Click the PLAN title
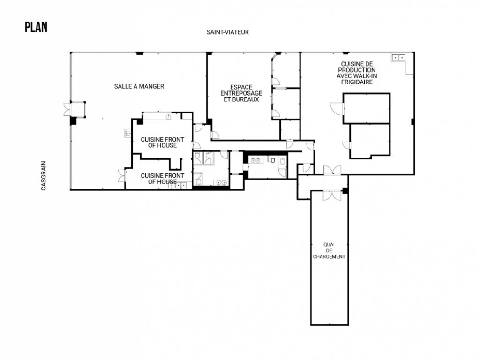[36, 27]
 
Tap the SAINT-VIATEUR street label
[227, 32]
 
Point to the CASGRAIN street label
[44, 176]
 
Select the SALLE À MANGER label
[139, 86]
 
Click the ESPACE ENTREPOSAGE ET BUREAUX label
[241, 93]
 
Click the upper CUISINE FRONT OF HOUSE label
[163, 142]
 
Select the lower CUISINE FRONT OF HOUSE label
[163, 179]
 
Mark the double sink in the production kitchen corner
[398, 58]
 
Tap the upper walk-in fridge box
[367, 108]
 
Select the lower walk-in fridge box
[370, 140]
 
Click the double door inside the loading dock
[330, 195]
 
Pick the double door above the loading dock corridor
[332, 170]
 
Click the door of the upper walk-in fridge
[337, 108]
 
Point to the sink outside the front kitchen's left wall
[127, 133]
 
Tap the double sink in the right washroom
[257, 160]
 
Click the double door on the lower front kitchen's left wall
[121, 176]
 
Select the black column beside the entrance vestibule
[73, 120]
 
